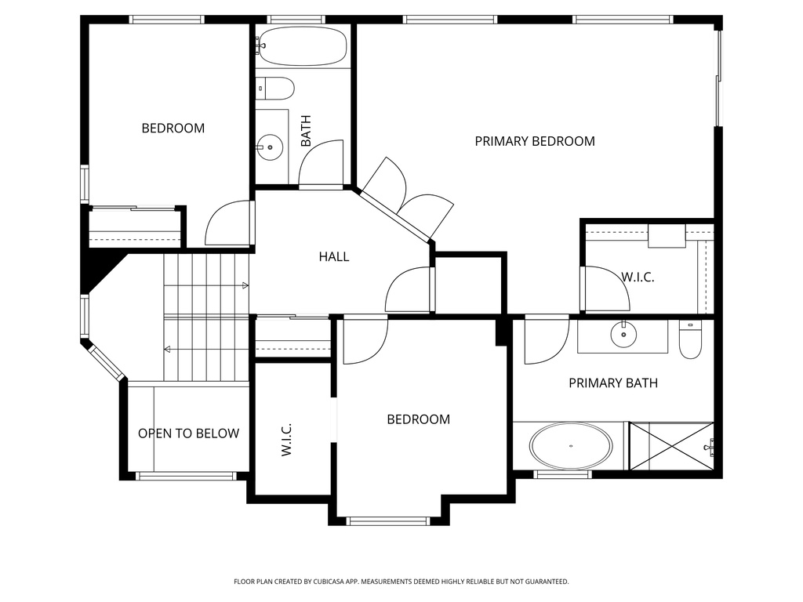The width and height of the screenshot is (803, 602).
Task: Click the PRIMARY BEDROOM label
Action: (535, 141)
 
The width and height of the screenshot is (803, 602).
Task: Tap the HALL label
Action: (334, 256)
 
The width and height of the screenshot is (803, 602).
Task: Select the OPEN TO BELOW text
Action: (188, 433)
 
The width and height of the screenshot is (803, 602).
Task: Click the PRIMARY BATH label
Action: (612, 383)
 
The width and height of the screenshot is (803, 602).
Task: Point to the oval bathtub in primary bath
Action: (571, 446)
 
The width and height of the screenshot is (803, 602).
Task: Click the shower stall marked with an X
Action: (671, 446)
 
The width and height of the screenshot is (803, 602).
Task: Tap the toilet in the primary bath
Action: (690, 342)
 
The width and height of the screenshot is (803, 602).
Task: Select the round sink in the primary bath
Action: (623, 335)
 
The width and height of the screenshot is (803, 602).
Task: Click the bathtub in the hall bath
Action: (302, 46)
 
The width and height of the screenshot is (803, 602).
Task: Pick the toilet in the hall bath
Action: (276, 89)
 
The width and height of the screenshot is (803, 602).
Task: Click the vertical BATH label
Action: (306, 131)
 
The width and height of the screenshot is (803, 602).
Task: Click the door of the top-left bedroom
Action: (227, 224)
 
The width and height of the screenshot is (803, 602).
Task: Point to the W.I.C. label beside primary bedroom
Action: (638, 277)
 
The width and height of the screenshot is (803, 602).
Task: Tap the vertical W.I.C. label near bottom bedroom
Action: (286, 440)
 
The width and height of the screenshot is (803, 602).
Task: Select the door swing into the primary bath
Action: (546, 340)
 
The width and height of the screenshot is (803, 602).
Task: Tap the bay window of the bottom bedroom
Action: (388, 520)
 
